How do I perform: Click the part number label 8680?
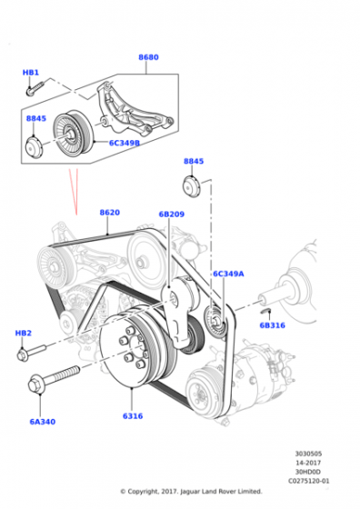coord(148,57)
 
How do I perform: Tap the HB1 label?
coord(31,73)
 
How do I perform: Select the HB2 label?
coord(24,333)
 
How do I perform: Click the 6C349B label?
coord(125,143)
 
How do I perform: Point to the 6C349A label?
coord(228,274)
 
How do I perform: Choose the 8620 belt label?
coord(110,213)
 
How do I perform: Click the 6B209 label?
coord(172,215)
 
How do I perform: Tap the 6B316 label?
coord(272,325)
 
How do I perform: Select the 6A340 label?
coord(43,422)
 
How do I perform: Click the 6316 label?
coord(133,416)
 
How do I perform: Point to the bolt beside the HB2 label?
coord(31,353)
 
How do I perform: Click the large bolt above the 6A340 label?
coord(54,377)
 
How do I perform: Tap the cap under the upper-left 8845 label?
coord(34,147)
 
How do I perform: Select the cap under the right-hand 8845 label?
coord(192,186)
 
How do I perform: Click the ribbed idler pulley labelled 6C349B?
coord(74,135)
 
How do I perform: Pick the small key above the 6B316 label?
coord(265,311)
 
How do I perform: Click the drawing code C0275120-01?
coord(308,481)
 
